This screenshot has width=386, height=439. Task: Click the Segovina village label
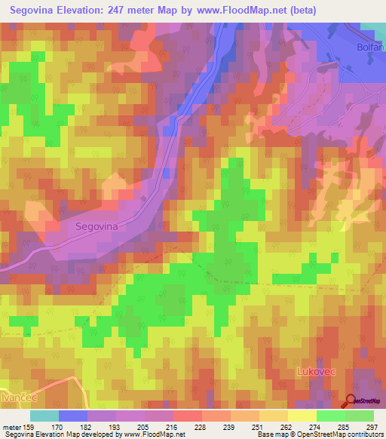(x=99, y=226)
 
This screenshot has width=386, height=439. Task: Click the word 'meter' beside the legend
(x=11, y=427)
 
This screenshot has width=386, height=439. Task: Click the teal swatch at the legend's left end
(x=44, y=416)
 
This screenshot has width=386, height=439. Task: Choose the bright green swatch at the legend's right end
(x=360, y=416)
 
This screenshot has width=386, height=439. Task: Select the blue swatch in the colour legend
(x=73, y=416)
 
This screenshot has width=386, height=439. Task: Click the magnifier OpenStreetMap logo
(x=351, y=402)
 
